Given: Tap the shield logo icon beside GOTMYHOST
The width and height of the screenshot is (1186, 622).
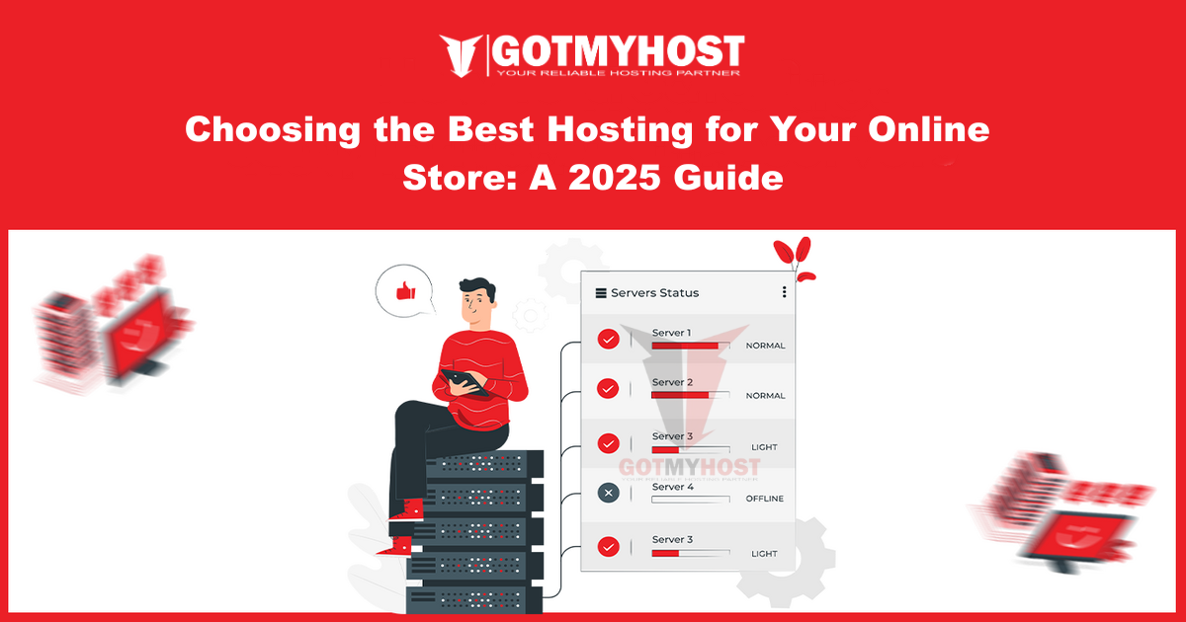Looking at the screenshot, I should click(x=461, y=56).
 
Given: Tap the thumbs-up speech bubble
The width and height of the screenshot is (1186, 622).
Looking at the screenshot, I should click(x=404, y=291).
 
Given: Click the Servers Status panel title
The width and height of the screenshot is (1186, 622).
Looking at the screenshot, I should click(x=654, y=292).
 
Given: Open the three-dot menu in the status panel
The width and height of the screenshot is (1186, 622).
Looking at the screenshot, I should click(x=784, y=292).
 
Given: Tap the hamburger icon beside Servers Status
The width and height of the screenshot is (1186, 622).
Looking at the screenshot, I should click(x=600, y=292).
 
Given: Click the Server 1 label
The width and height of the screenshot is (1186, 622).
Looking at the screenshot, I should click(x=671, y=333).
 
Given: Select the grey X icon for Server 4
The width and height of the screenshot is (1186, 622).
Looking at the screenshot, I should click(x=609, y=492).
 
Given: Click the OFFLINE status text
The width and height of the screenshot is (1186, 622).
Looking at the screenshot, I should click(x=764, y=499).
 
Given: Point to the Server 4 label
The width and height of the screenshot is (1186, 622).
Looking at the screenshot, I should click(x=673, y=487).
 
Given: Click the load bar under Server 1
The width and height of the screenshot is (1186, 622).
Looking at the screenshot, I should click(x=690, y=346).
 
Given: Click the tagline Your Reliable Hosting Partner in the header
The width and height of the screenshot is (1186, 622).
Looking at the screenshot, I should click(x=619, y=71).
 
